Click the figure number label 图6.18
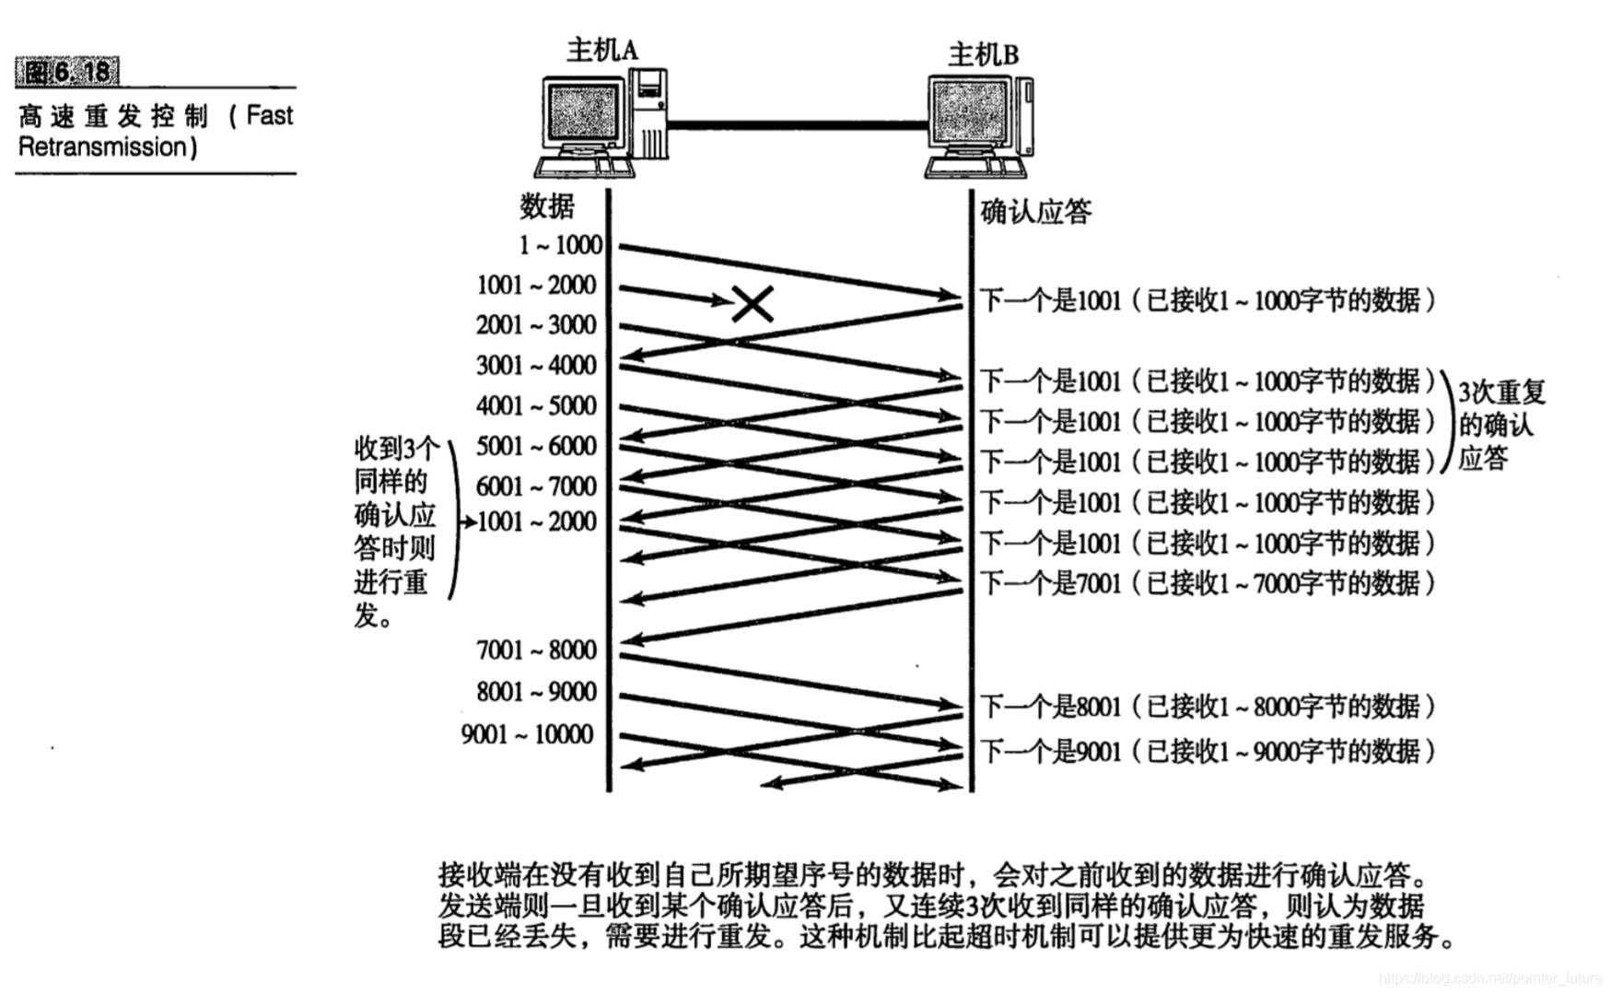[x=67, y=71]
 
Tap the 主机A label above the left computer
[x=601, y=50]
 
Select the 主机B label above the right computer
[x=983, y=55]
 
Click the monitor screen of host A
[x=583, y=111]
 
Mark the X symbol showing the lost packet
[x=753, y=303]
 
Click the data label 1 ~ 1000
[x=560, y=245]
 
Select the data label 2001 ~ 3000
[x=536, y=325]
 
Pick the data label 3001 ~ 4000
[x=536, y=366]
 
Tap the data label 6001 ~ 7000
[x=536, y=486]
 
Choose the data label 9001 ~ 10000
[x=527, y=734]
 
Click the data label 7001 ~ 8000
[x=536, y=650]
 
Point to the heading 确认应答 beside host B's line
[x=1035, y=212]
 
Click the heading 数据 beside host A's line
[x=546, y=205]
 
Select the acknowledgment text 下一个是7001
[x=1050, y=583]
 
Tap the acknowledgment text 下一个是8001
[x=1050, y=707]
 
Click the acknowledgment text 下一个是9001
[x=1050, y=751]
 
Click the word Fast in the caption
[x=269, y=115]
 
